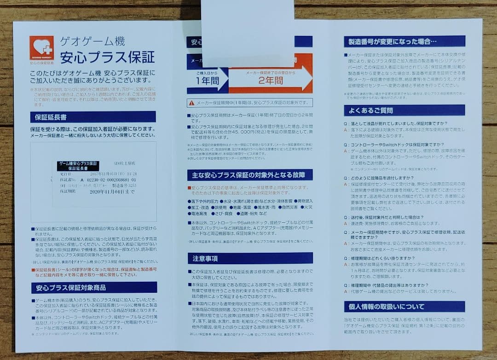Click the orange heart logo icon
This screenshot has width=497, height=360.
tap(41, 48)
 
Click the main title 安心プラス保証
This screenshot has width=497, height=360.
tap(107, 57)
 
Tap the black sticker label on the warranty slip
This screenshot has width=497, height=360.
tap(78, 166)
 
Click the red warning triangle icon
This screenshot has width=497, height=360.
tap(191, 103)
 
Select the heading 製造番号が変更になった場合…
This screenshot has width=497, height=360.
tap(391, 42)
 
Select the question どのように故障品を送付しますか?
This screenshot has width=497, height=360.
tap(385, 178)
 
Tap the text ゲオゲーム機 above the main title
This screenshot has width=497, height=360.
tap(92, 41)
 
